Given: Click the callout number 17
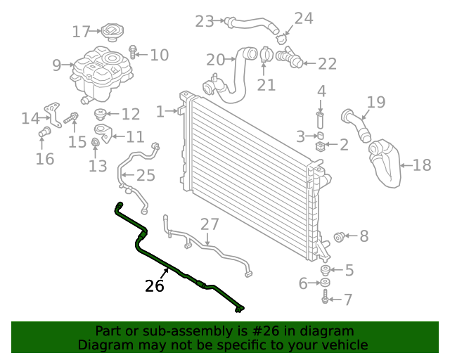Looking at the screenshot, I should point(82,32).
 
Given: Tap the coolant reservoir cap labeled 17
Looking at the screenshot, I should point(112,32).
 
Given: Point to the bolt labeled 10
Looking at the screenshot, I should point(133,51).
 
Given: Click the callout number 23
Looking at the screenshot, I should point(205,22).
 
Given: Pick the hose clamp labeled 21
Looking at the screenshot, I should point(265,54).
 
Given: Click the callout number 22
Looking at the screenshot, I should point(327,64).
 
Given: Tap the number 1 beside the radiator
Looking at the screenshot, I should point(160,111).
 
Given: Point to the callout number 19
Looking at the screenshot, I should point(376,103).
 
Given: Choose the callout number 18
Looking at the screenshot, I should point(422,165).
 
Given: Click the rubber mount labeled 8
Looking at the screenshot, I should point(338,236).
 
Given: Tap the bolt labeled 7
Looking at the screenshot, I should point(325,300).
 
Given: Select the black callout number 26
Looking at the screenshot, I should point(154,286).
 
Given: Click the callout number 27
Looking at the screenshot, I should point(210,224).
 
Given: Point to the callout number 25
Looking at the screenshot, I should point(146,176).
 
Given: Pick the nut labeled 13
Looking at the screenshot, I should point(95,145).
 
